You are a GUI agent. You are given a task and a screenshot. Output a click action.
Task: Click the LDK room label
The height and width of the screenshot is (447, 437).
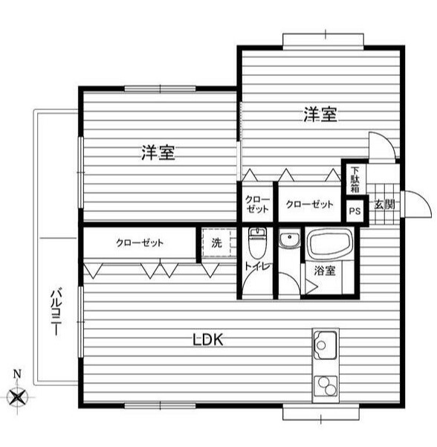[209, 340]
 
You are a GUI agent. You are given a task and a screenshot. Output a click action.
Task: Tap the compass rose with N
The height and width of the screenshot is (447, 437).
[18, 396]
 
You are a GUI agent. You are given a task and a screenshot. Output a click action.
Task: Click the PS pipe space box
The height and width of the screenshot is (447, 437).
[355, 210]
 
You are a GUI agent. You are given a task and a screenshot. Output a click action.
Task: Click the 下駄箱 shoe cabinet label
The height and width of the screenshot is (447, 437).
[355, 179]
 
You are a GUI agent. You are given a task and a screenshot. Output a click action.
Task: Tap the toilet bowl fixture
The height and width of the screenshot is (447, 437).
[257, 242]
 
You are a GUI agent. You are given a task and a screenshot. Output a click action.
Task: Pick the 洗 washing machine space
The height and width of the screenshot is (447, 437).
[216, 242]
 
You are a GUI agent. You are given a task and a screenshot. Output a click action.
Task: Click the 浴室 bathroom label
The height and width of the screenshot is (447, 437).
[325, 271]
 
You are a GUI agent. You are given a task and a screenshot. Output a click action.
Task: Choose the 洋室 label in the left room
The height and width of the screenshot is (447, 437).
[158, 154]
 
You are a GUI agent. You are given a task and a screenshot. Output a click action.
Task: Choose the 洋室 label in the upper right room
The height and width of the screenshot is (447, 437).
[320, 115]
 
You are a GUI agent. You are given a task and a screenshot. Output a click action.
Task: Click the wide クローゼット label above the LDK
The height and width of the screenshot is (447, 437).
[140, 242]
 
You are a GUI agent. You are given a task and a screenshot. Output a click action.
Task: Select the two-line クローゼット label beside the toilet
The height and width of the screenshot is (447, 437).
[257, 204]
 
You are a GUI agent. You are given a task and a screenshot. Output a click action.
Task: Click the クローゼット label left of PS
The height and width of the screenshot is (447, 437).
[309, 204]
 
